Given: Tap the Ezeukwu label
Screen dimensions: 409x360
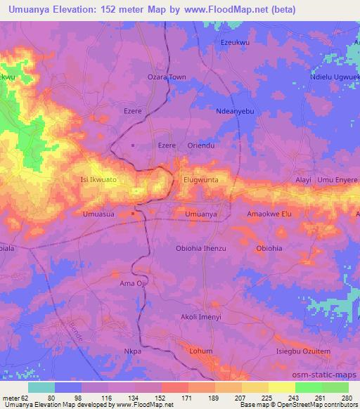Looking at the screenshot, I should pos(236,43).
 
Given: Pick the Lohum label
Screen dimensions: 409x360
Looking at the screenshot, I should pos(201,350).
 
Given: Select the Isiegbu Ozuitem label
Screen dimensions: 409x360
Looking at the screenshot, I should pos(302,350).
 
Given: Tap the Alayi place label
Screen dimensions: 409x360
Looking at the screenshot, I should pos(303,181).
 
